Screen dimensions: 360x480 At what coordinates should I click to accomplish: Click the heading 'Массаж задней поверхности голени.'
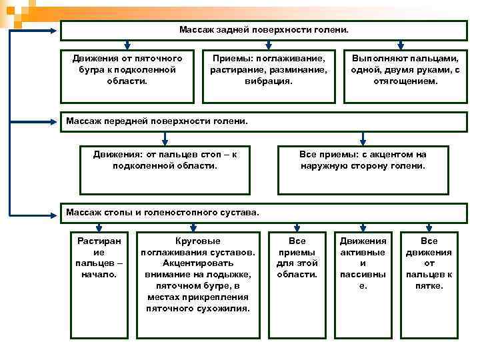point(264,31)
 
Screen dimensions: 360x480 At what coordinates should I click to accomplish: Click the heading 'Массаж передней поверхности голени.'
point(157,121)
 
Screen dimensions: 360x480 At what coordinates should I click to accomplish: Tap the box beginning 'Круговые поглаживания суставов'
point(197,273)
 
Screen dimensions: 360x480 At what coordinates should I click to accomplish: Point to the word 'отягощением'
point(405,81)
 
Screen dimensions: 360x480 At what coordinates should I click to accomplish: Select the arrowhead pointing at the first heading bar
point(56,31)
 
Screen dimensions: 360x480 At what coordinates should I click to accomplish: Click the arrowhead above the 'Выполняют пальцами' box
point(405,46)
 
